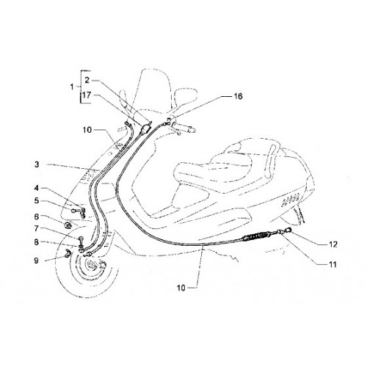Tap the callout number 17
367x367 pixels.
click(x=87, y=95)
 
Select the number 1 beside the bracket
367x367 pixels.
click(x=72, y=87)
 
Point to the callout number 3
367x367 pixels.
click(x=37, y=188)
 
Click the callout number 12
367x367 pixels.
click(x=333, y=244)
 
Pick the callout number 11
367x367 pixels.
click(x=333, y=264)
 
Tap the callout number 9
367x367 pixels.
click(x=36, y=261)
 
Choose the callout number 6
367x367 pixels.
click(x=37, y=217)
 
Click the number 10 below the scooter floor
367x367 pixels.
click(x=181, y=288)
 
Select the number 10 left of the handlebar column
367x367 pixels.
click(x=87, y=130)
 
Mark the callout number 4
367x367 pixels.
click(x=37, y=188)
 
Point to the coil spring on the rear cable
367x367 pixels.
click(x=255, y=236)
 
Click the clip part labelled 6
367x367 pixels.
click(x=67, y=225)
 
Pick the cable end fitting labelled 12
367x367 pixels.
click(x=288, y=230)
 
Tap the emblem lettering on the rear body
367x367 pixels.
click(x=291, y=201)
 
